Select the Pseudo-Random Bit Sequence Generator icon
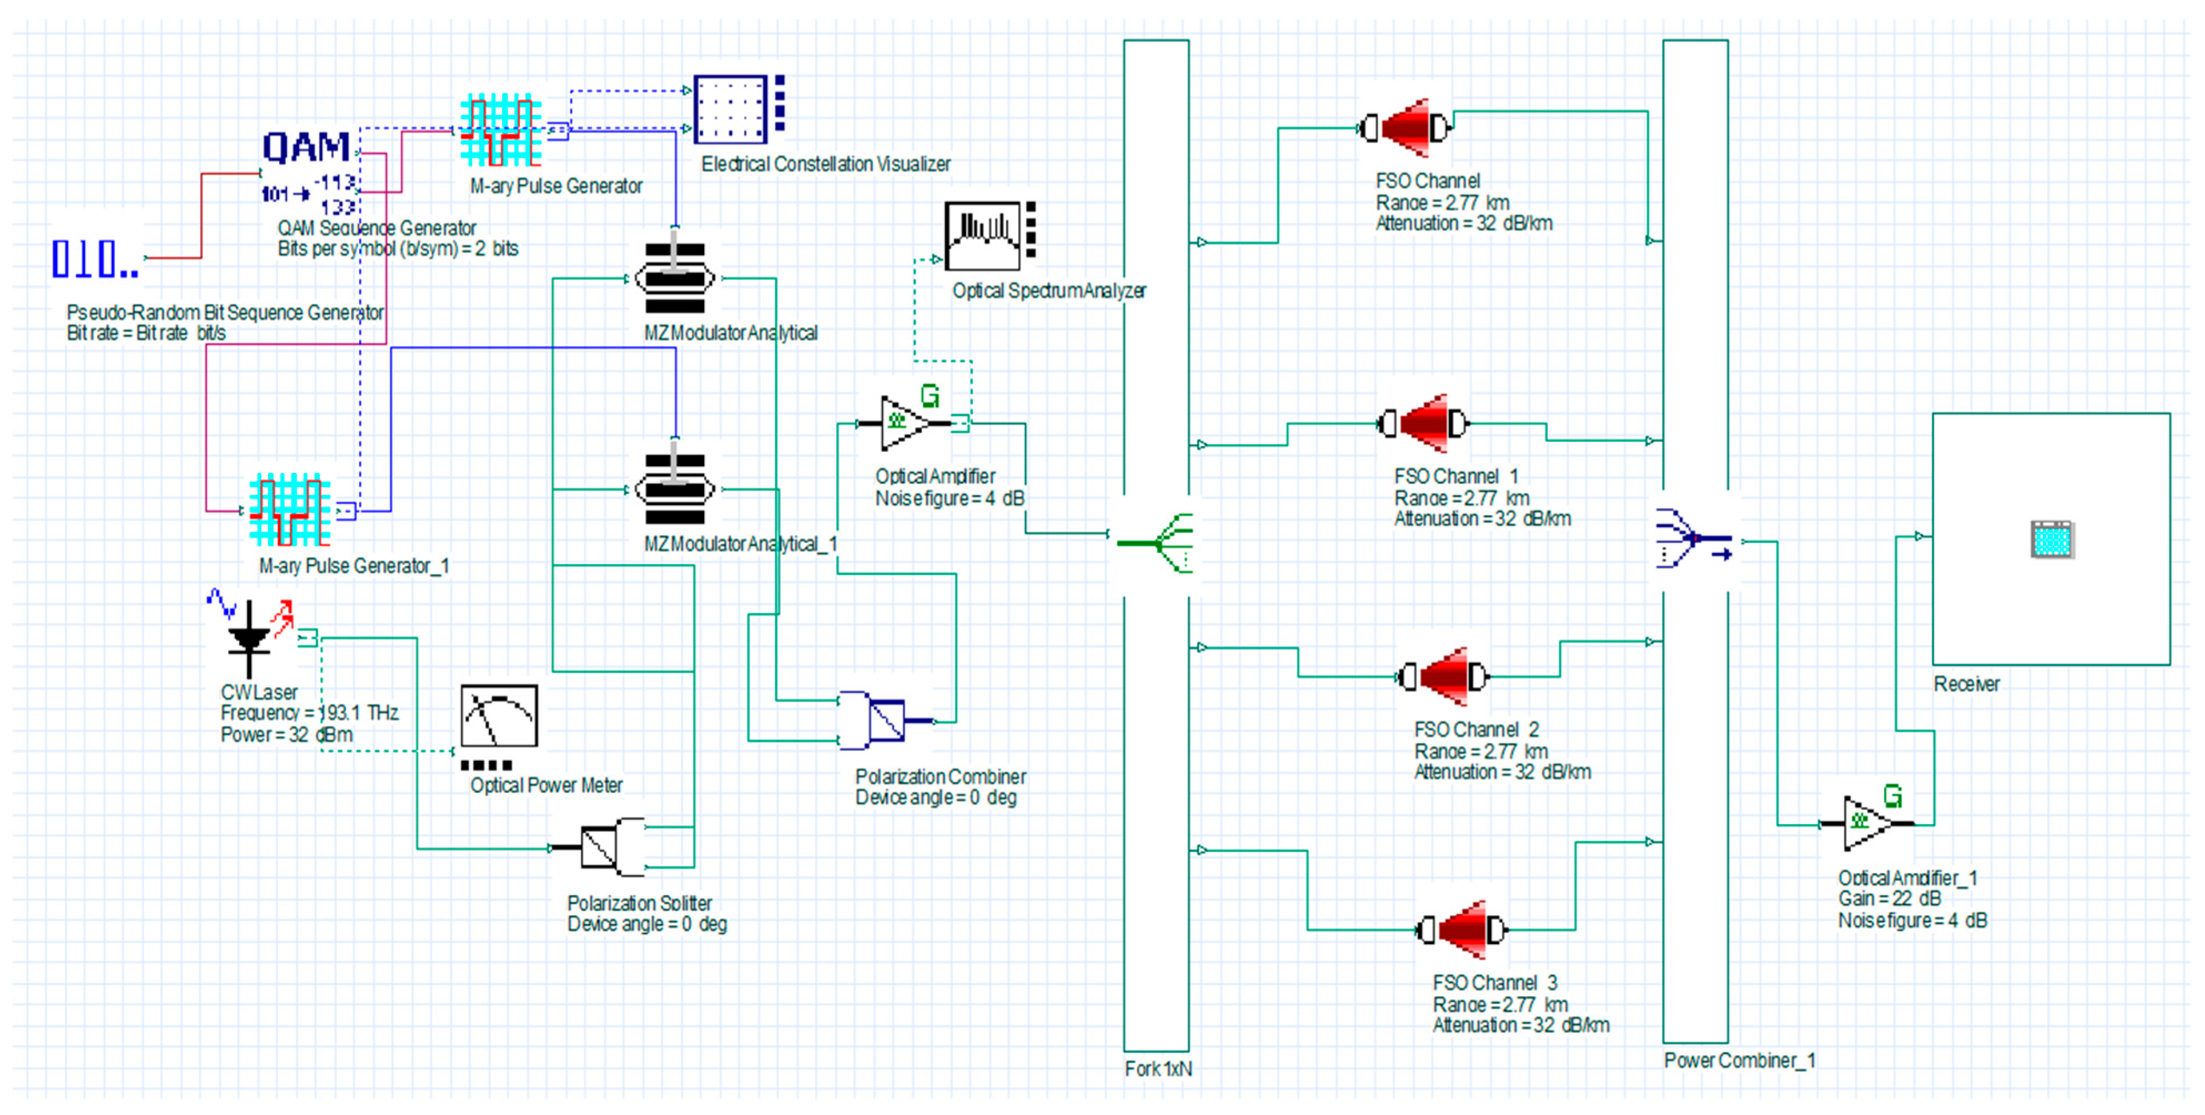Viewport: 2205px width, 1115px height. point(95,259)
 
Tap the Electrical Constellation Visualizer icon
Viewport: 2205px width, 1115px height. point(739,109)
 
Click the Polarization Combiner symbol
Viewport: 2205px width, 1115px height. point(887,720)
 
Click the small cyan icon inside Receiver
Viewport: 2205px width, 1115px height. point(2052,539)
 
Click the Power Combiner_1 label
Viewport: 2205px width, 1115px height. point(1739,1059)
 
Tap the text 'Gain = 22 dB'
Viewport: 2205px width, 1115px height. point(1889,899)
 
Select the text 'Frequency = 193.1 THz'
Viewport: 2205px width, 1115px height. point(310,713)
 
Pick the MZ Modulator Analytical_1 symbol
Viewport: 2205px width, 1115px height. point(675,489)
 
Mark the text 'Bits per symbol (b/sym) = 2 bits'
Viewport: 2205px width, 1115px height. point(398,248)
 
